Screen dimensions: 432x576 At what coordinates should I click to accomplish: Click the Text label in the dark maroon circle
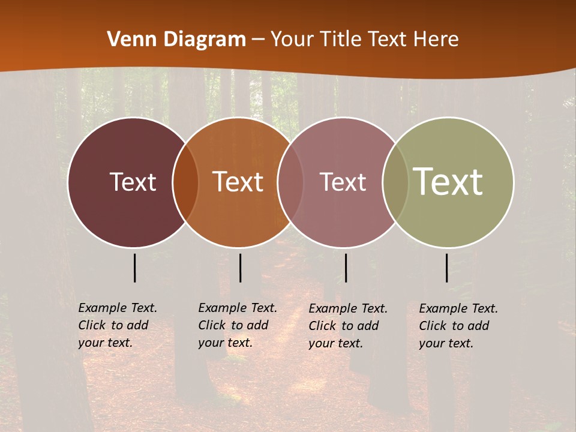[133, 182]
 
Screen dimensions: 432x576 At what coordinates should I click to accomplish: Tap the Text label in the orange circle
[238, 182]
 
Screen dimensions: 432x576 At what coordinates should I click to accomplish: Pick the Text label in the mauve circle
[343, 182]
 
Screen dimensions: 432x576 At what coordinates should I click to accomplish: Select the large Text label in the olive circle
[448, 181]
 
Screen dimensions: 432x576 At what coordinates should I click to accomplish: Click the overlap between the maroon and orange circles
[185, 182]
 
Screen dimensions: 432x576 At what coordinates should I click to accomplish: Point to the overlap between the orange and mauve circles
[290, 182]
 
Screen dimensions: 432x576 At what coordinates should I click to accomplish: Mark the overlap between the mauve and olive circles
[395, 182]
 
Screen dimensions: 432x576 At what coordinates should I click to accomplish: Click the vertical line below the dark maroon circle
[134, 268]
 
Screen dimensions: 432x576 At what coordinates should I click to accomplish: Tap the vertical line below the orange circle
[240, 268]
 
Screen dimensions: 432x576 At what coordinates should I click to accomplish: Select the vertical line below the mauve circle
[346, 268]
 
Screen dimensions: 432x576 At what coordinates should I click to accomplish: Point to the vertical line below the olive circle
[446, 268]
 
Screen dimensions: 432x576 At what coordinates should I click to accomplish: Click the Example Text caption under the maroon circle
[117, 325]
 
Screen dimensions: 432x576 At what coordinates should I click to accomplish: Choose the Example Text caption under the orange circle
[237, 325]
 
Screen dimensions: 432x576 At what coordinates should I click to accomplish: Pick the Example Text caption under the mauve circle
[347, 326]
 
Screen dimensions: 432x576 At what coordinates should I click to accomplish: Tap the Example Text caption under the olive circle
[458, 326]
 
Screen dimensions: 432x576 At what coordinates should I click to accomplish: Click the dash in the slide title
[258, 40]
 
